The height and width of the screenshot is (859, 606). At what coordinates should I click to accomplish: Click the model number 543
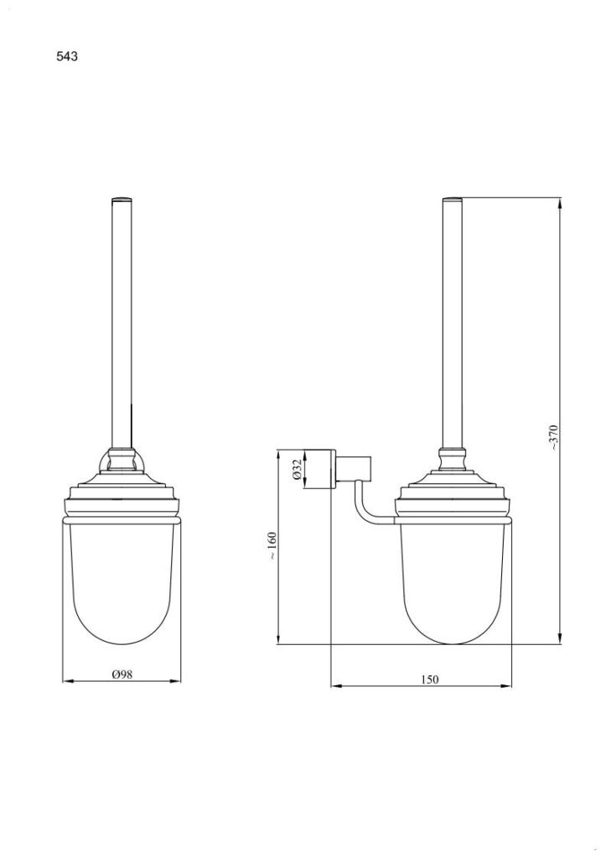point(67,56)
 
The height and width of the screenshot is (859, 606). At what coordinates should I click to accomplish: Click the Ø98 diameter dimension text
point(122,675)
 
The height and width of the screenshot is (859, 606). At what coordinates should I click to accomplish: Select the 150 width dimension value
point(430,679)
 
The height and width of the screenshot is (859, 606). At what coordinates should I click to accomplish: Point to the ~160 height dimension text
point(272,545)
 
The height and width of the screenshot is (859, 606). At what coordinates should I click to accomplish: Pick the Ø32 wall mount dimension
point(296,470)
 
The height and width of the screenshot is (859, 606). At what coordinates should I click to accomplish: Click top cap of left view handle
point(122,198)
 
